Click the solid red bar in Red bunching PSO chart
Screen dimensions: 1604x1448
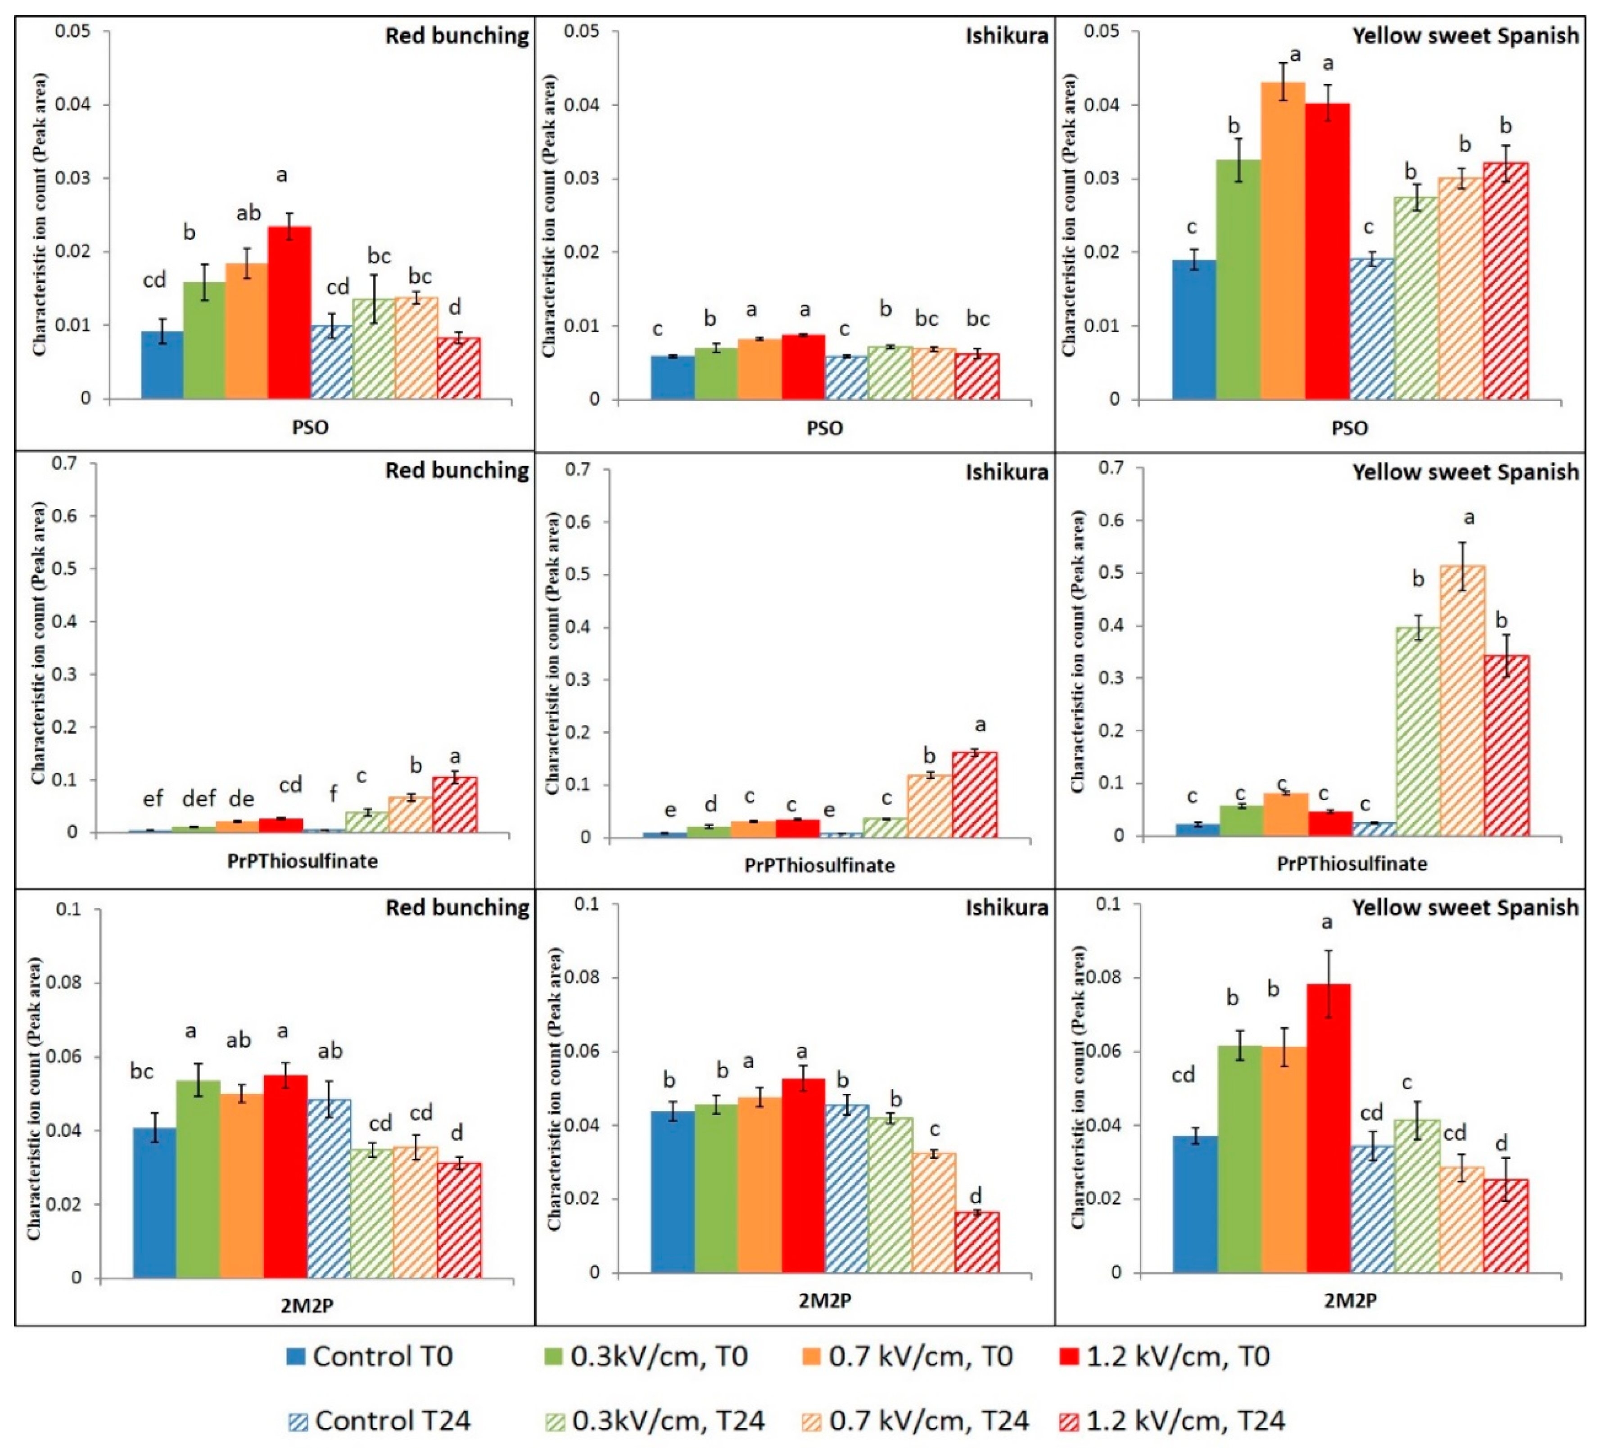click(289, 312)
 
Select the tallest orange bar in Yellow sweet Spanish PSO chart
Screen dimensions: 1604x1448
click(1283, 241)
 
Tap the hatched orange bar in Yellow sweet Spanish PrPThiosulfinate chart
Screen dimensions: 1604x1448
click(1462, 701)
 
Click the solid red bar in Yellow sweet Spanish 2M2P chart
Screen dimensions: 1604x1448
click(1328, 1129)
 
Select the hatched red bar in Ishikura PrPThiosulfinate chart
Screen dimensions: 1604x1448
click(975, 794)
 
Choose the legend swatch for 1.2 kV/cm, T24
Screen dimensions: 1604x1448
click(1069, 1421)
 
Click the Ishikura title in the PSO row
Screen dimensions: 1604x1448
click(1007, 36)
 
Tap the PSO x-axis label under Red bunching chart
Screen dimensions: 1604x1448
click(310, 428)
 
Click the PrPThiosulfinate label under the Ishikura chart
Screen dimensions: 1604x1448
click(819, 865)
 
